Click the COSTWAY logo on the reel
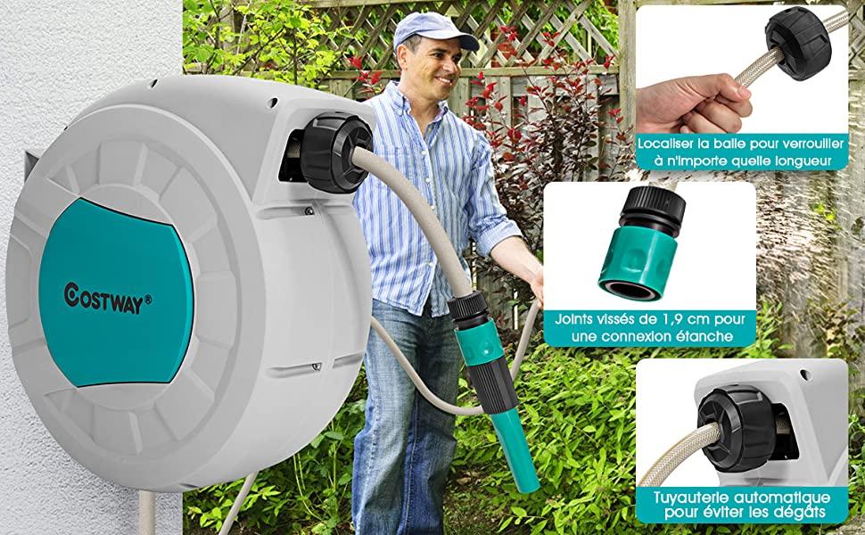(108, 299)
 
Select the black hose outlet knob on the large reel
(335, 152)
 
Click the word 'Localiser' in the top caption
(665, 144)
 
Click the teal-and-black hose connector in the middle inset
(641, 243)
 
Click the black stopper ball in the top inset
(798, 43)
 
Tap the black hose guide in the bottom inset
(737, 428)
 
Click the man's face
(436, 69)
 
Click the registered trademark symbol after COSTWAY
(147, 300)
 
